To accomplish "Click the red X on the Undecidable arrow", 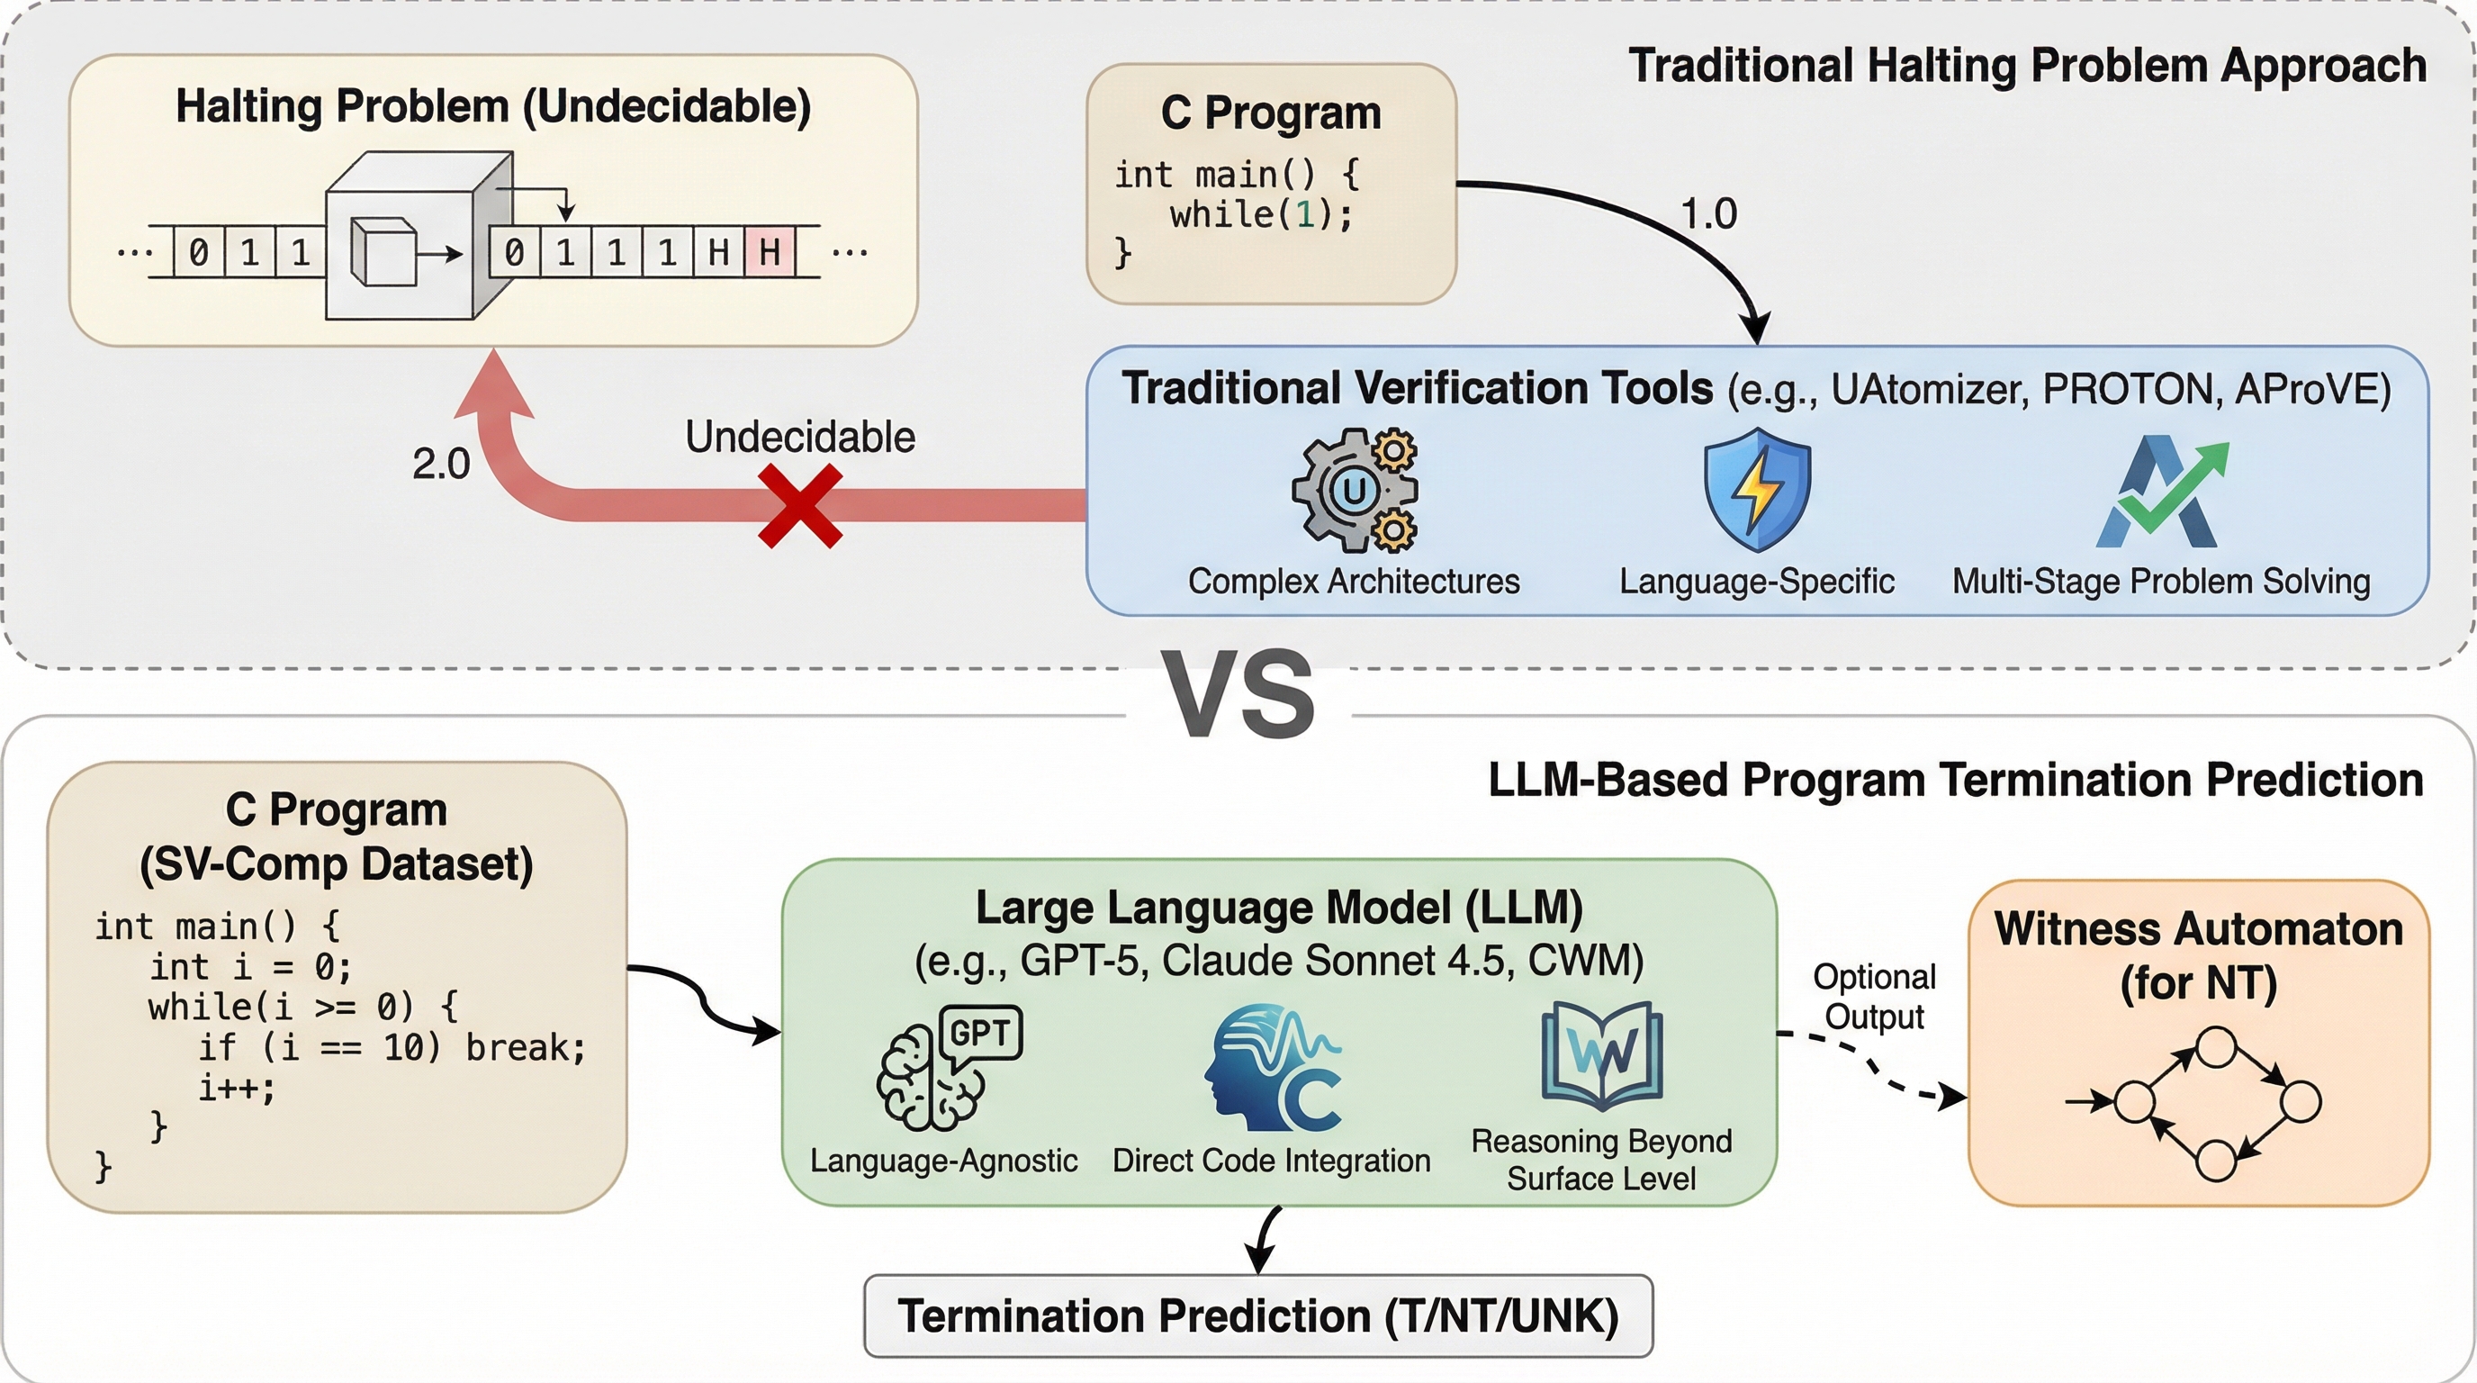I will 800,506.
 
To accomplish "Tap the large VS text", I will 1238,694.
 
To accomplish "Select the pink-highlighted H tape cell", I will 770,253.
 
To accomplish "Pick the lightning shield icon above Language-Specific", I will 1757,490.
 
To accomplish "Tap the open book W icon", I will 1601,1056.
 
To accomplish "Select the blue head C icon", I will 1272,1068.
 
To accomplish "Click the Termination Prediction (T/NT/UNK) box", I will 1257,1315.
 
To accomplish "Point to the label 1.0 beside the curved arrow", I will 1708,213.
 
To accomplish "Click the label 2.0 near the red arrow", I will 440,465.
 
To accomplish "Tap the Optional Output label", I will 1874,997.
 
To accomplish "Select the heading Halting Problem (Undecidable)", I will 493,107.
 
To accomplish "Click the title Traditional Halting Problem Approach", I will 2027,67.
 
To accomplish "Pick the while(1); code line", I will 1261,214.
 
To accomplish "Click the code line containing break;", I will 392,1047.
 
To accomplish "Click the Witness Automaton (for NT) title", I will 2198,956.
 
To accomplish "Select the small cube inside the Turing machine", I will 383,253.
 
